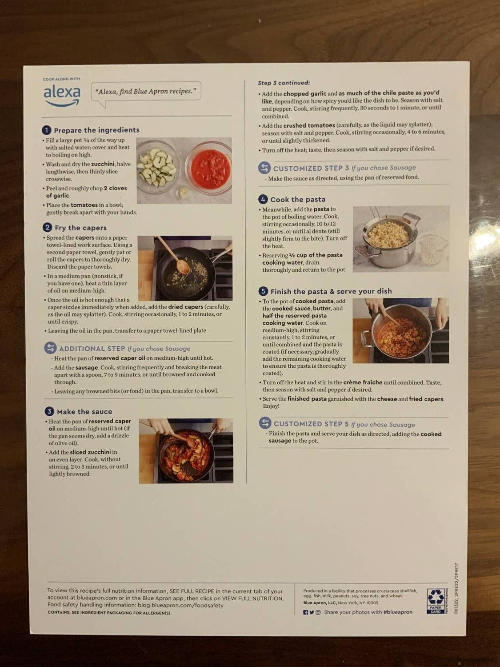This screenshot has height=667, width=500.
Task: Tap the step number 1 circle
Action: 47,130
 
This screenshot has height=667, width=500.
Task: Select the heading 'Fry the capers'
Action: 80,228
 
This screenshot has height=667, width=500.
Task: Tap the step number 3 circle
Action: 49,411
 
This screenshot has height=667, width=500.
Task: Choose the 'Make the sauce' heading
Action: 84,412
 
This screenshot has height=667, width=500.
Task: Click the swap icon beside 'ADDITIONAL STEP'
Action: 50,348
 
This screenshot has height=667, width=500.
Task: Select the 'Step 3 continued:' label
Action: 284,83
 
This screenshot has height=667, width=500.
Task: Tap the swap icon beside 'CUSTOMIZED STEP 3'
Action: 264,168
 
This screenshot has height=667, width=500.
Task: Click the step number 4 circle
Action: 263,199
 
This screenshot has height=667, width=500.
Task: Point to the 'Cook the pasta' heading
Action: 298,200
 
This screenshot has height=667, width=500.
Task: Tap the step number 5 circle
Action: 263,291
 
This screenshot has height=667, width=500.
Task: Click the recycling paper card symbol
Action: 435,601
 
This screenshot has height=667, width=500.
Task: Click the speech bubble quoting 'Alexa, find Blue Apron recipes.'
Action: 146,92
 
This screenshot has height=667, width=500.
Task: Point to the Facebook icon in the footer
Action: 305,612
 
